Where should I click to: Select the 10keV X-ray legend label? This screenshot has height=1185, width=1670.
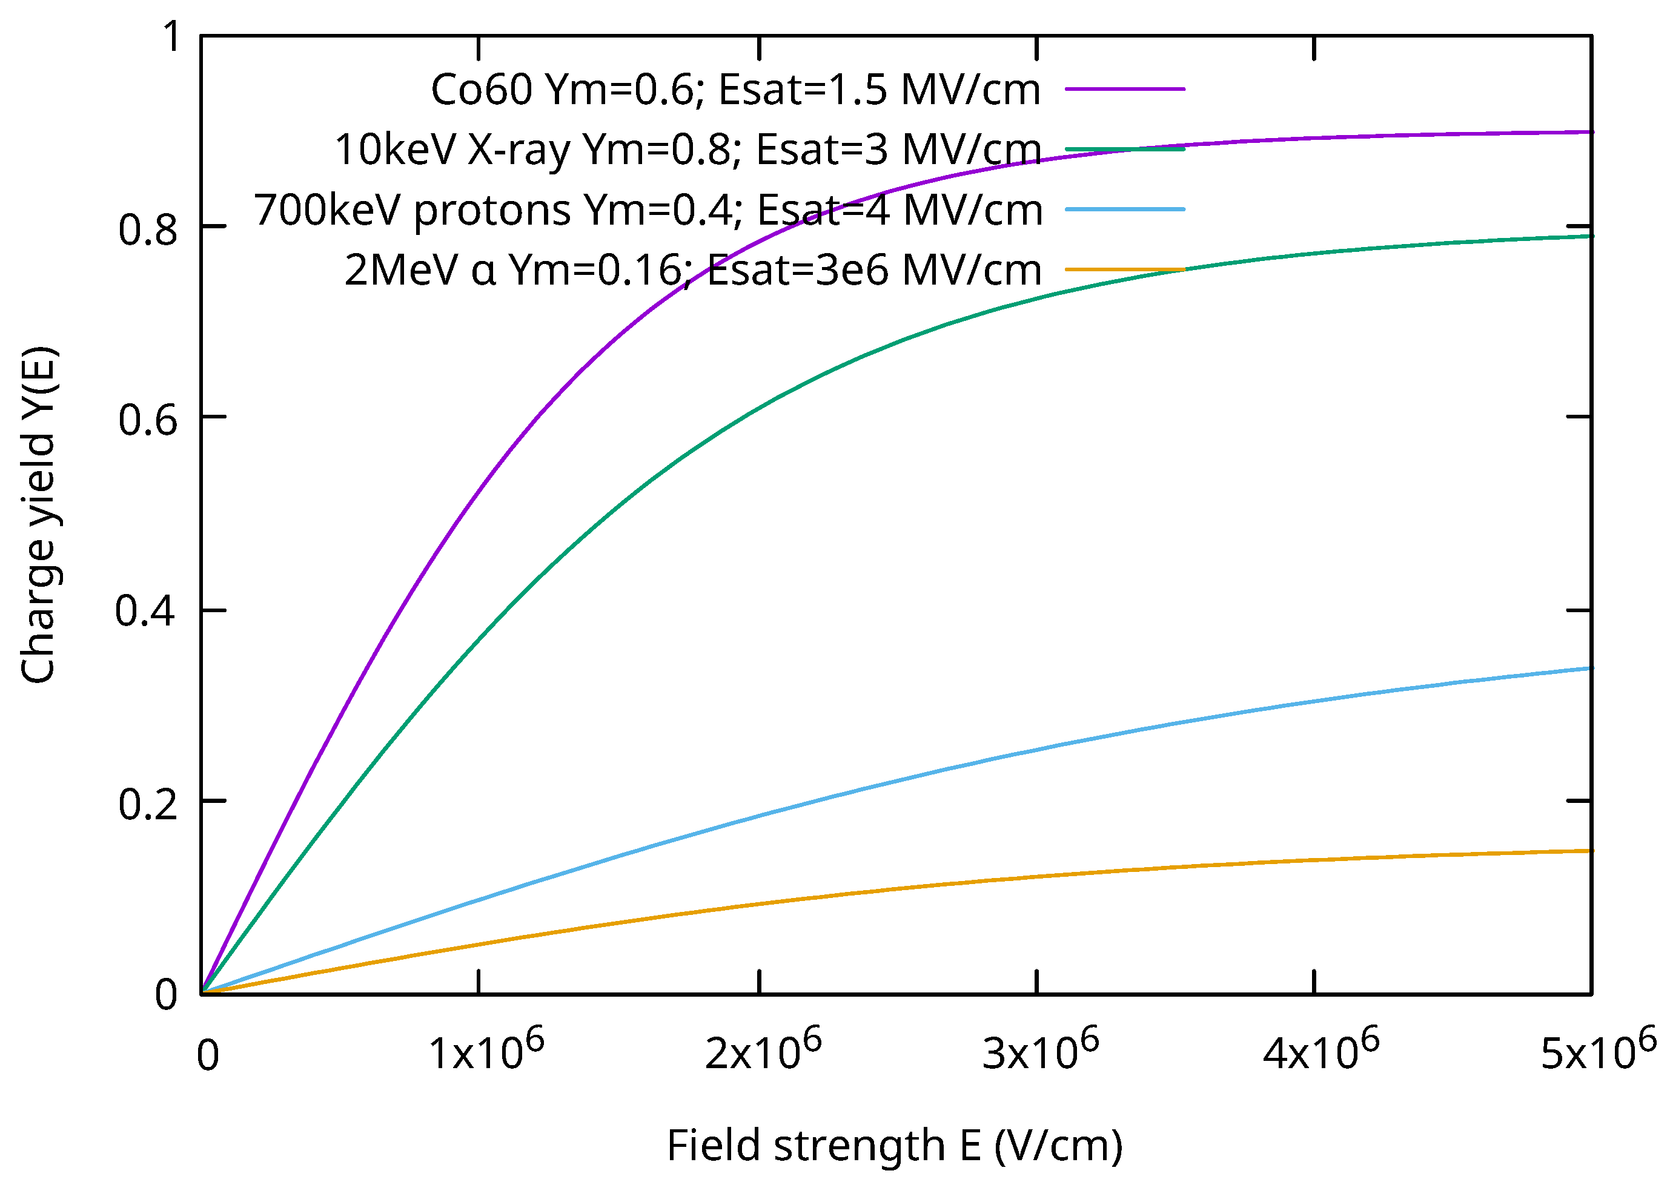(688, 150)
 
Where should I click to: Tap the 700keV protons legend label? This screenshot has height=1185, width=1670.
(648, 211)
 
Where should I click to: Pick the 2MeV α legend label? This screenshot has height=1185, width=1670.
(693, 271)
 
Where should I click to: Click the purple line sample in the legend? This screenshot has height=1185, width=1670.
(1125, 89)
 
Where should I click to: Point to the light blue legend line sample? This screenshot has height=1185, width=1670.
(1125, 210)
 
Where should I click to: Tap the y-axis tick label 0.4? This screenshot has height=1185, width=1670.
(145, 611)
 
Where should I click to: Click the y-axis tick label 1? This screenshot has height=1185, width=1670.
(171, 36)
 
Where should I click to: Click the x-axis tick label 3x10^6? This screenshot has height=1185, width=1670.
(1040, 1051)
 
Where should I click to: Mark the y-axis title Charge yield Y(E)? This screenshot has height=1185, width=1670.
(38, 515)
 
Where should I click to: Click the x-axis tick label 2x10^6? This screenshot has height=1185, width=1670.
(763, 1051)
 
